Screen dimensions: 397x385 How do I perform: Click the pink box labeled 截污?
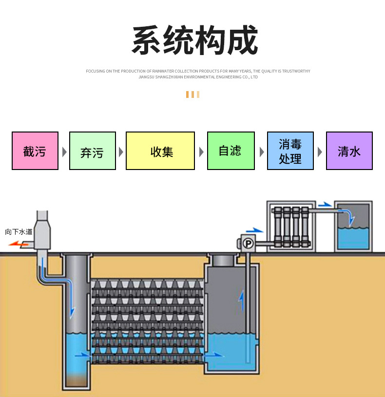(x=35, y=151)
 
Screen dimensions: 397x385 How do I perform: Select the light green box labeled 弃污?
(x=93, y=151)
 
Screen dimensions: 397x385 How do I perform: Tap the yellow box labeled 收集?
(x=160, y=151)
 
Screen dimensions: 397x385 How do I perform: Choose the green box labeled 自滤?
(x=231, y=151)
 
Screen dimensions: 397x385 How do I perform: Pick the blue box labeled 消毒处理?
(x=290, y=151)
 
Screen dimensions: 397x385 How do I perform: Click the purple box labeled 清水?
(x=349, y=151)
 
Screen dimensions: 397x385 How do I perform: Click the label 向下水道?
(x=19, y=232)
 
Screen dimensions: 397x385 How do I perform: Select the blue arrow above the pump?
(x=254, y=230)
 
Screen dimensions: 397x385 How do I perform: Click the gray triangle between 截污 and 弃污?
(x=64, y=151)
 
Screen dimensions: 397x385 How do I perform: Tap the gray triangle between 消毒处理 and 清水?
(x=320, y=151)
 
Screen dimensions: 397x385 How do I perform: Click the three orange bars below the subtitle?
(x=192, y=95)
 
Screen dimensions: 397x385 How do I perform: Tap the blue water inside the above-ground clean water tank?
(x=353, y=239)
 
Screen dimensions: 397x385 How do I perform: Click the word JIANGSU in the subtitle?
(x=146, y=77)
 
